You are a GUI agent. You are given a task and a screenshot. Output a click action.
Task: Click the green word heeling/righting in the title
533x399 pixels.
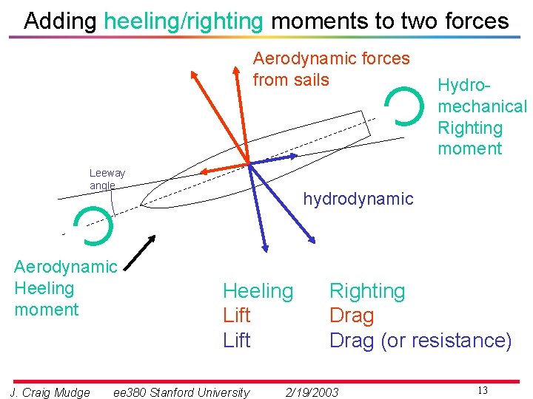(183, 21)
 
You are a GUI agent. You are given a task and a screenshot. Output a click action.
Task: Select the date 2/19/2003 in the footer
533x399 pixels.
(312, 392)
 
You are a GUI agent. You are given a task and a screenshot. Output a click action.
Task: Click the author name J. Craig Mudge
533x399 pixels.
(50, 392)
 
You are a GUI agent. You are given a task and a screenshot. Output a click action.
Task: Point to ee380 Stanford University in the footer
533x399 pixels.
(181, 392)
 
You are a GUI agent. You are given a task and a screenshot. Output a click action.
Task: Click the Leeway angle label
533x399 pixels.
(107, 179)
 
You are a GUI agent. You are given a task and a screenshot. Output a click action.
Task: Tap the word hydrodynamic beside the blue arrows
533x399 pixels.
(358, 199)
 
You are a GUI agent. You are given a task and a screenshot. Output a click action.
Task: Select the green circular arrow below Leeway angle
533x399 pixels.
(94, 225)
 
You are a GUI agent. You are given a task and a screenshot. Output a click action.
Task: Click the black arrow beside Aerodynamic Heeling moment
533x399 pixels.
(138, 253)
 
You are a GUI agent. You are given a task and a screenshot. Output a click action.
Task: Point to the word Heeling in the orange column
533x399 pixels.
(258, 291)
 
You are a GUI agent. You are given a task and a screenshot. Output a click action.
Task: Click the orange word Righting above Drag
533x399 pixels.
(367, 291)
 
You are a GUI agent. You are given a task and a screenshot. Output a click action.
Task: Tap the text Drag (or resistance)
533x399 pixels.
(420, 341)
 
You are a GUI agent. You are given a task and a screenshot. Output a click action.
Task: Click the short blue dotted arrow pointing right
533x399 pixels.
(275, 159)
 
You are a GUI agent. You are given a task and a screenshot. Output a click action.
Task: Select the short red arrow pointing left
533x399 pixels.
(223, 168)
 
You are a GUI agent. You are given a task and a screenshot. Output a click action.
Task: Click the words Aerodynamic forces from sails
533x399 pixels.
(331, 69)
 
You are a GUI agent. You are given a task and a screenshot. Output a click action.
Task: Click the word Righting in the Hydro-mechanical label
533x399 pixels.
(469, 128)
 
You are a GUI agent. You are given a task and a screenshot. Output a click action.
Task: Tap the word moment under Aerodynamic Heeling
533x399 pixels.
(46, 309)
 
